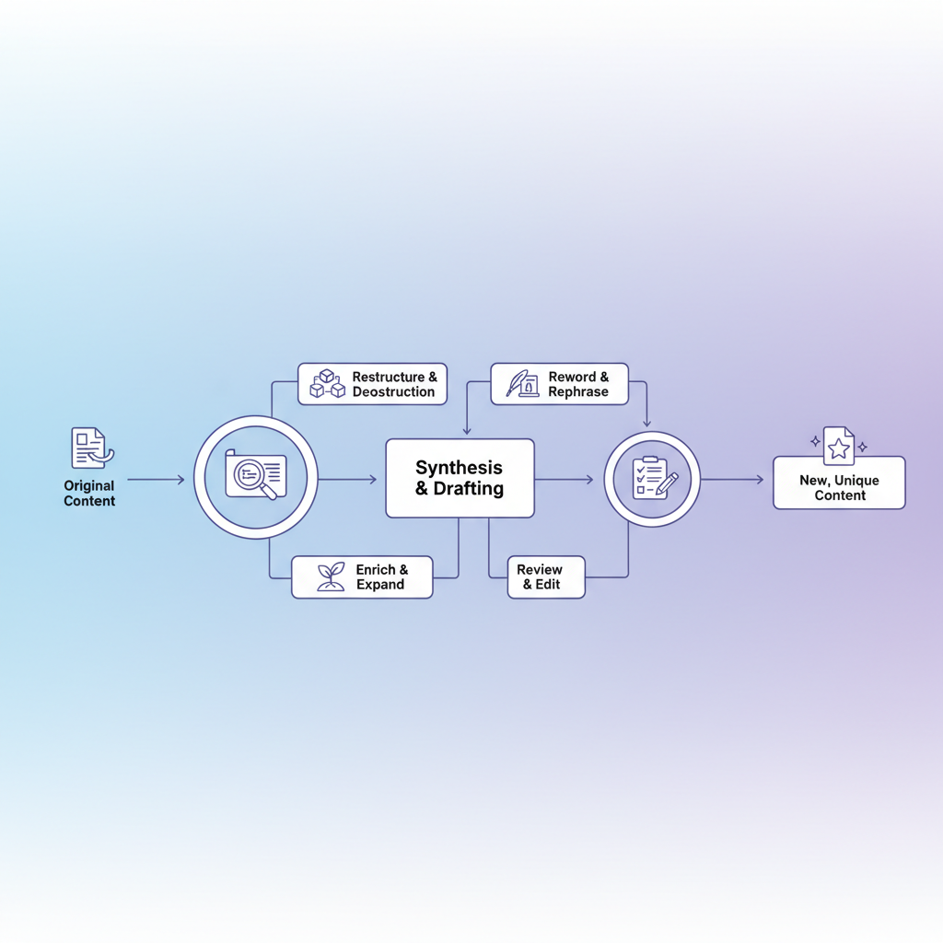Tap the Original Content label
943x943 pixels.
[89, 494]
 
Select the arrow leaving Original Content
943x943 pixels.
[156, 479]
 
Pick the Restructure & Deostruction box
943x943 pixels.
[372, 384]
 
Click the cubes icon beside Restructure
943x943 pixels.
[327, 384]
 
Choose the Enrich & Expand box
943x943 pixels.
[362, 576]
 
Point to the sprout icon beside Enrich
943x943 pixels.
[331, 576]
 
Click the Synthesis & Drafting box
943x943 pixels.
[460, 478]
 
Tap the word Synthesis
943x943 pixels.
[459, 467]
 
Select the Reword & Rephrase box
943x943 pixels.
[559, 384]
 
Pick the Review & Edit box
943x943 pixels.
[546, 576]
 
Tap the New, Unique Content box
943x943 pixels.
[839, 483]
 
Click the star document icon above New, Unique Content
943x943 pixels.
[839, 446]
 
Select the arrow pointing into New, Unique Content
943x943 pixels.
[732, 479]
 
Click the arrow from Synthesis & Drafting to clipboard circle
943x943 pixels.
[565, 479]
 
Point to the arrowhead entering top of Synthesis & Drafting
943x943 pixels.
[467, 431]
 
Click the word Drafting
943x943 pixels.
[469, 488]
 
